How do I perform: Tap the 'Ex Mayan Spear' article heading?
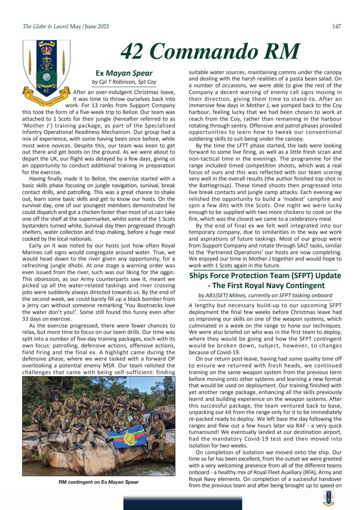tap(124, 73)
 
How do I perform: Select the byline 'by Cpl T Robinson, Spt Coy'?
tap(124, 82)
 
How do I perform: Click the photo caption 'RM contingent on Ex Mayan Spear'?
tap(98, 482)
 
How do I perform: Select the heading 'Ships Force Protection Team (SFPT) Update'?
tap(265, 275)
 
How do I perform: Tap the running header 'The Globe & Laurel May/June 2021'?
tap(66, 27)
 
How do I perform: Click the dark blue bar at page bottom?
tap(182, 503)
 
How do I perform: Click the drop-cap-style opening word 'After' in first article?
tap(81, 93)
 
